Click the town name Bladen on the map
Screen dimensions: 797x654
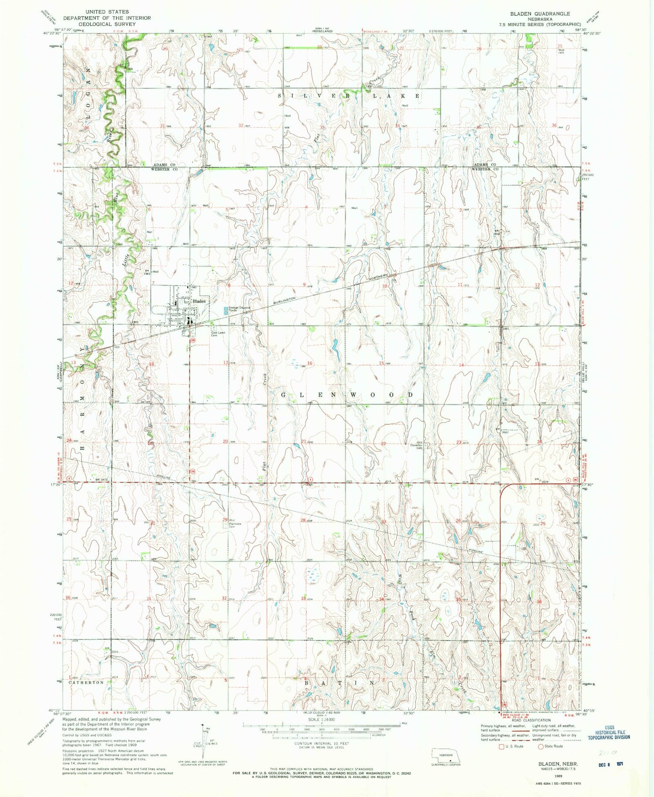click(199, 301)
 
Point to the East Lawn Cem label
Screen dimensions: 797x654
click(218, 334)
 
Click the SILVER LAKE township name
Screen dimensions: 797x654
click(351, 96)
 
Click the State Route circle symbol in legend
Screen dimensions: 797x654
click(541, 746)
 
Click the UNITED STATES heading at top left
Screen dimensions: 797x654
click(107, 12)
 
